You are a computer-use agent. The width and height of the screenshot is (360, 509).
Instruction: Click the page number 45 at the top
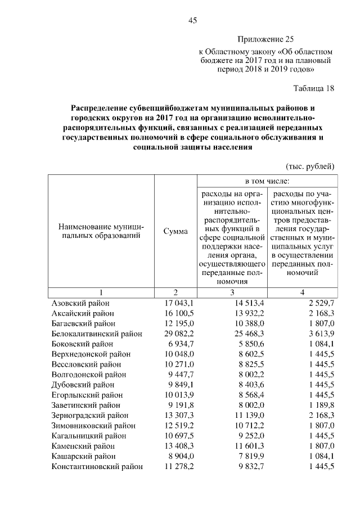[192, 21]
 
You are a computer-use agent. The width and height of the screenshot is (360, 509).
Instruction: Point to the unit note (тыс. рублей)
[310, 166]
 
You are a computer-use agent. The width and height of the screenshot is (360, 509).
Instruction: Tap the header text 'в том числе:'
[267, 182]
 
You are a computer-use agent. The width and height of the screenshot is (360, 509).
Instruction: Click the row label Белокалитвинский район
[97, 334]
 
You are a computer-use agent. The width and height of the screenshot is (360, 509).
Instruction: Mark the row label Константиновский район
[96, 466]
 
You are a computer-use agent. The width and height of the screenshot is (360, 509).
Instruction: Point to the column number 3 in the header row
[231, 292]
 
